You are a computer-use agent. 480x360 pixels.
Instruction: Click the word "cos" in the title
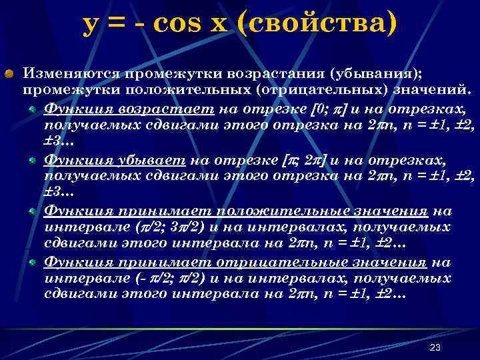pyautogui.click(x=175, y=24)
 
